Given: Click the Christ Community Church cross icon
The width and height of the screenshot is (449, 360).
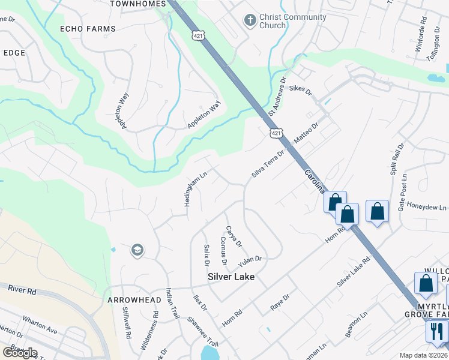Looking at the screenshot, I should (250, 21).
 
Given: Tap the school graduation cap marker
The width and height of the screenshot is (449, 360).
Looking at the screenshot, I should (137, 250).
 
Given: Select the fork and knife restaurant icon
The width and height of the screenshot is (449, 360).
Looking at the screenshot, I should (437, 331).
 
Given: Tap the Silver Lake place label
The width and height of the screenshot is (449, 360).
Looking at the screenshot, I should (231, 277).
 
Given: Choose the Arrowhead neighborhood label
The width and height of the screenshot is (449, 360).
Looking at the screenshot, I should (134, 299).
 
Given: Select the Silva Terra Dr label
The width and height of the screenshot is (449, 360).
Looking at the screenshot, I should (268, 163).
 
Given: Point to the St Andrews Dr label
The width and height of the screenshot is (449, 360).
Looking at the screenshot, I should (278, 96).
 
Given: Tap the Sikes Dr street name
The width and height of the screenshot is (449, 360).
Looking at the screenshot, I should (301, 91).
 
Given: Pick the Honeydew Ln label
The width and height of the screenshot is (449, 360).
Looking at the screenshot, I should (427, 208).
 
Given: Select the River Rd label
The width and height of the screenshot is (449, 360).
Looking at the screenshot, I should (23, 290).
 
